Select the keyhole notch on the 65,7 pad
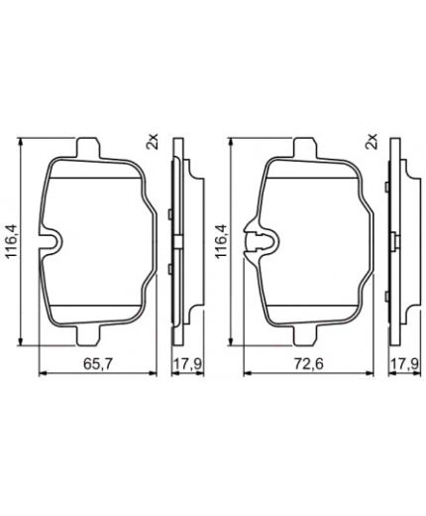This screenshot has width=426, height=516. click(50, 241)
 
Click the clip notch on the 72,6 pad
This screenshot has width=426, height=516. click(266, 241)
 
